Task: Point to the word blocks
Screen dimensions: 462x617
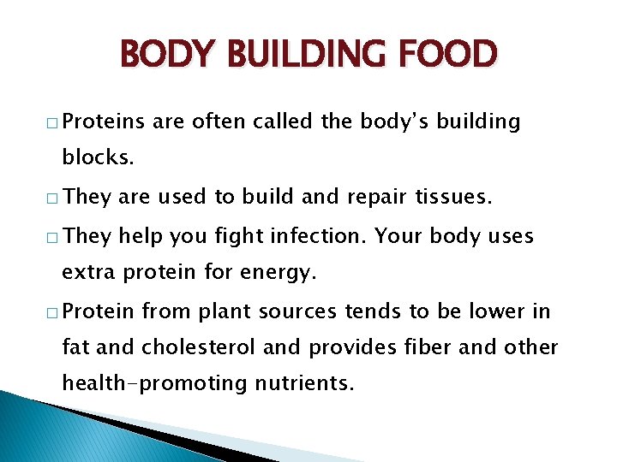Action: (95, 159)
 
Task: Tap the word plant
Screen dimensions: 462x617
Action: (221, 311)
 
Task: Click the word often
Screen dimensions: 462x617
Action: (218, 122)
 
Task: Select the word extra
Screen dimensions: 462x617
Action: (90, 273)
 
